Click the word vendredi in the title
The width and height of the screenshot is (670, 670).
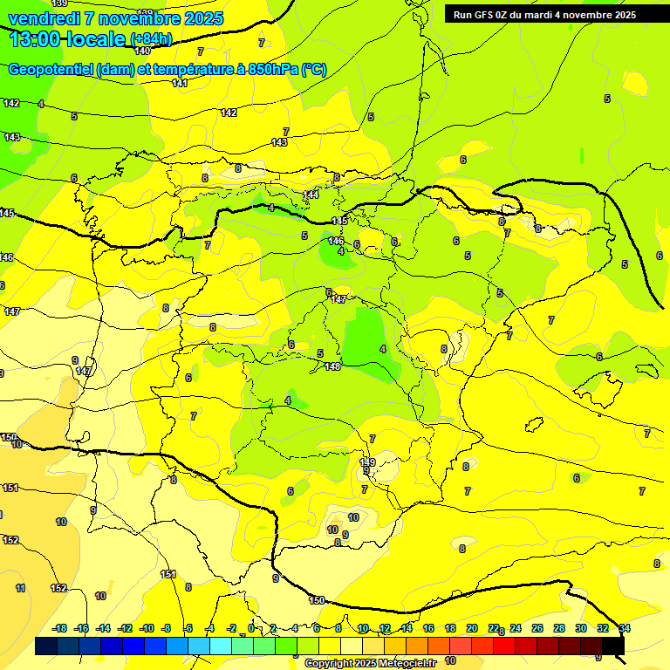point(43,18)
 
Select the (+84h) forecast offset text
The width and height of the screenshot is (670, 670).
point(151,39)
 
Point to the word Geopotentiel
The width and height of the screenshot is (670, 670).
point(51,70)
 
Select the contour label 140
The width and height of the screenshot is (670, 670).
point(142,51)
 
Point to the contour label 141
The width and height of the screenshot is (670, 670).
point(180,83)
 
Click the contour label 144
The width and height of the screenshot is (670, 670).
point(311,194)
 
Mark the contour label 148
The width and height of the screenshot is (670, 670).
point(332,366)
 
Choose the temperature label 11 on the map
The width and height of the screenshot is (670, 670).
point(20,588)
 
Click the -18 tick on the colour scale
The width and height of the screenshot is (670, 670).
point(60,628)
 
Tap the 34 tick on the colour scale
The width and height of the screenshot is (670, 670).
point(625,628)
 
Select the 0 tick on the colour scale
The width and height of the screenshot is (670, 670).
point(251,628)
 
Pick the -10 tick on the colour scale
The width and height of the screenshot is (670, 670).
point(147,628)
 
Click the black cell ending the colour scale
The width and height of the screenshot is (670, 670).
point(613,646)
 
